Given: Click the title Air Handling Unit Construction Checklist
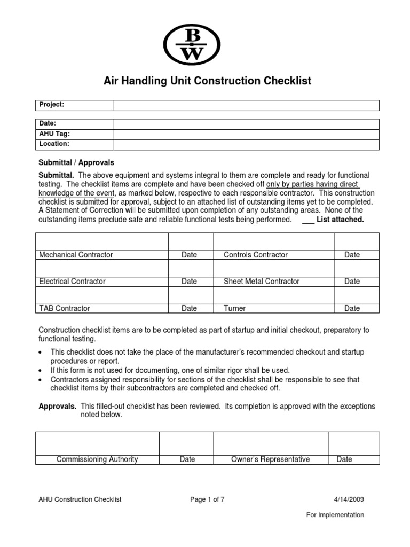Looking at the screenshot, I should (x=206, y=81).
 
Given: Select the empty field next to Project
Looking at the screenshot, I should (x=246, y=105).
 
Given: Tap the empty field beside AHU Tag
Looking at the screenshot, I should (x=246, y=134).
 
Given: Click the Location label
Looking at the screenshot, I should (x=54, y=144).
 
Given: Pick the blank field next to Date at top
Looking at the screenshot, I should (x=246, y=124).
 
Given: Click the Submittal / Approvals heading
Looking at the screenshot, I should (x=76, y=162).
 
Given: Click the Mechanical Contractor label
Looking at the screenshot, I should (x=76, y=255).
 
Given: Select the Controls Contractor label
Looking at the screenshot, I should (x=255, y=255).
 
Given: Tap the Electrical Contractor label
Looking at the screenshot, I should (x=72, y=281).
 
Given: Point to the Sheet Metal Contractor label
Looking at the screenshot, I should (x=261, y=281).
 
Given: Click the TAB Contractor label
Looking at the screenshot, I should (x=64, y=308).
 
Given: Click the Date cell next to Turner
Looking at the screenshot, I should (x=352, y=308).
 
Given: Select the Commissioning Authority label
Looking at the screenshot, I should (x=97, y=459).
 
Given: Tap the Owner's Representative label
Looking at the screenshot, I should (x=270, y=459).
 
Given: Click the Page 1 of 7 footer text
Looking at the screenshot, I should (x=207, y=499).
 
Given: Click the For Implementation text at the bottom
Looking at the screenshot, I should (x=335, y=515).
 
